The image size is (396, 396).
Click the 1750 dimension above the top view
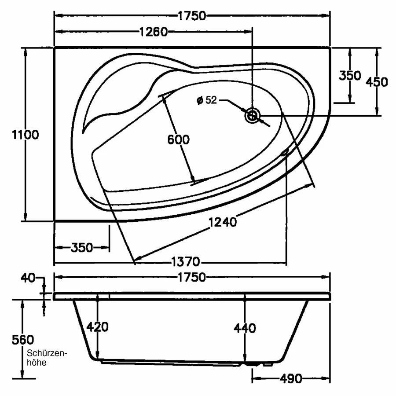(x=192, y=16)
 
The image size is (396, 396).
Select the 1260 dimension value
(x=154, y=32)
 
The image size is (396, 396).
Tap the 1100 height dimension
(x=25, y=135)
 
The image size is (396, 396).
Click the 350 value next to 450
(x=350, y=76)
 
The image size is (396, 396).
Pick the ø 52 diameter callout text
(x=207, y=101)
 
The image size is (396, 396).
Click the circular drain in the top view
(x=253, y=116)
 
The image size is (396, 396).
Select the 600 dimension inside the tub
(x=178, y=140)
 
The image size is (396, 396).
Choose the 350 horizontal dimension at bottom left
(x=82, y=248)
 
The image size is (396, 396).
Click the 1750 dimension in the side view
(x=192, y=277)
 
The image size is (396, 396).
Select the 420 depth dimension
(x=97, y=327)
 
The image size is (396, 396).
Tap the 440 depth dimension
(x=245, y=328)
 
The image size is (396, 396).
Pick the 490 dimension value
(x=290, y=378)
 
